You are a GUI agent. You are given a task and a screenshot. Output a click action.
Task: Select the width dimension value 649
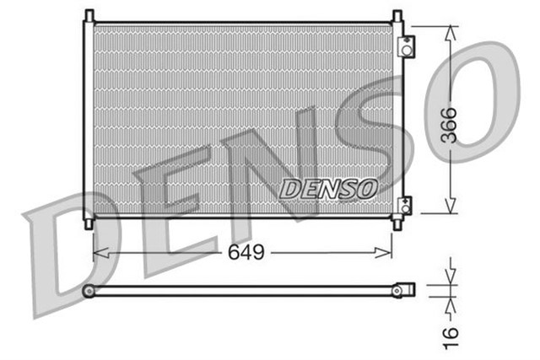(246, 251)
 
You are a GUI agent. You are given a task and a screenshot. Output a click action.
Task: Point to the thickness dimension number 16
(451, 332)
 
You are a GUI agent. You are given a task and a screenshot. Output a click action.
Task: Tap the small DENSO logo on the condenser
(328, 189)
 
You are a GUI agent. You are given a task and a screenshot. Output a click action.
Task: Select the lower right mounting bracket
(406, 205)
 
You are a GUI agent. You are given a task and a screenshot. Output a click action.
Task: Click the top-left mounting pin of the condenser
(89, 16)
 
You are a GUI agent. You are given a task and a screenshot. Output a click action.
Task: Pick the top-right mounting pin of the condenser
(397, 16)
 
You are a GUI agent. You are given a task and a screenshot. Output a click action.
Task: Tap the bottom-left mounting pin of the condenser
(89, 223)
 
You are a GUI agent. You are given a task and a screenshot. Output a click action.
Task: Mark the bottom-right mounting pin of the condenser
(397, 224)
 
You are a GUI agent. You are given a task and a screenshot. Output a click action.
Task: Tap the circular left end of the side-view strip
(88, 290)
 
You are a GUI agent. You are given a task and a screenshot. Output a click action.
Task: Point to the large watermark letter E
(173, 211)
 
